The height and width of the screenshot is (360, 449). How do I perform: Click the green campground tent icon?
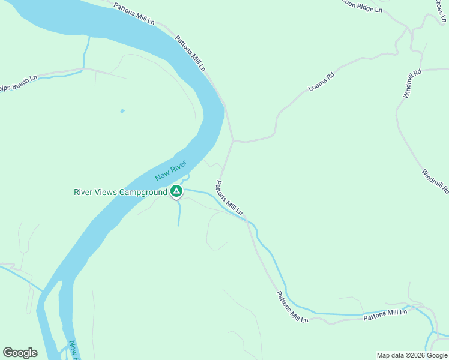[176, 192]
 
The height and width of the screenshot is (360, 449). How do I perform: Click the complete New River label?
[171, 170]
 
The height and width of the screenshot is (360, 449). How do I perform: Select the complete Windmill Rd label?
[412, 83]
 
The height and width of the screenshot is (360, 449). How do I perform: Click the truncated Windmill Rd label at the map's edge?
[435, 182]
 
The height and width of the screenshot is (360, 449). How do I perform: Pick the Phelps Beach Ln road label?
[18, 83]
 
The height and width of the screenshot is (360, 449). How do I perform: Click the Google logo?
[20, 353]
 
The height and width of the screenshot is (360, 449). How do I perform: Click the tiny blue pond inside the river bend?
[122, 111]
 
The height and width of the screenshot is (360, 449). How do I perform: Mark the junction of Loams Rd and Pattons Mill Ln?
[233, 141]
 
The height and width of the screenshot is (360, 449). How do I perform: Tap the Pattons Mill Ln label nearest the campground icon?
[229, 199]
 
